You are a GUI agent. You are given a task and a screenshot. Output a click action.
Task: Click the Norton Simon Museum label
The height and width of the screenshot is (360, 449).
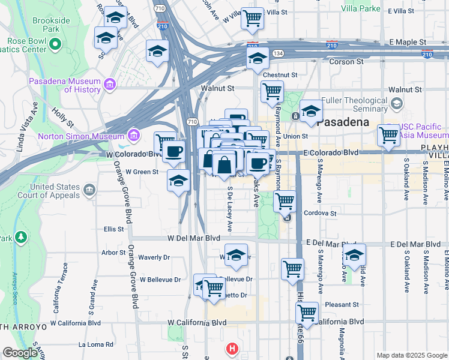[80, 136]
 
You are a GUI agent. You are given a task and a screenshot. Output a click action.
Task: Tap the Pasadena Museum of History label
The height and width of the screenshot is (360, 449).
[66, 85]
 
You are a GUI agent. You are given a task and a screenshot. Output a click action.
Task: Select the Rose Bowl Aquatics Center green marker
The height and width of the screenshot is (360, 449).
[56, 44]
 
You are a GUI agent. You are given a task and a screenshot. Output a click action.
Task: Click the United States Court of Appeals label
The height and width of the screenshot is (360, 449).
[55, 191]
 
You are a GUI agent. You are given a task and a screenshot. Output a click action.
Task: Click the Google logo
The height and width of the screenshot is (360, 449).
[20, 353]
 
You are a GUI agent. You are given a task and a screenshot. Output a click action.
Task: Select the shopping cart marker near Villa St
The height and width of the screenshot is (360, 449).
[253, 18]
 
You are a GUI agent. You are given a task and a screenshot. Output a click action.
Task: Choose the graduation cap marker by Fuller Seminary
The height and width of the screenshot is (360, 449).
[311, 112]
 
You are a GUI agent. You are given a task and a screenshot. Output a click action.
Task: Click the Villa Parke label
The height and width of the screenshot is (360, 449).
[361, 8]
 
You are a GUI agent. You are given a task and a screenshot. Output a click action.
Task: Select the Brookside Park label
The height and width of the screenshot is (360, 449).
[46, 24]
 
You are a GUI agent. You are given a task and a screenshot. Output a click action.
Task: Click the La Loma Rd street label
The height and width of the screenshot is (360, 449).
[96, 344]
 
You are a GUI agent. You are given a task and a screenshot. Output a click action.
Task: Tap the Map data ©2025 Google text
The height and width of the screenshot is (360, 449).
[411, 355]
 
